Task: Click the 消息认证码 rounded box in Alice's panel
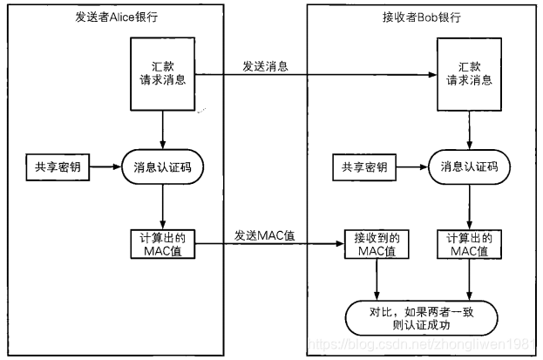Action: (x=163, y=165)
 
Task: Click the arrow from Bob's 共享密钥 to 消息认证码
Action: (x=413, y=165)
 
